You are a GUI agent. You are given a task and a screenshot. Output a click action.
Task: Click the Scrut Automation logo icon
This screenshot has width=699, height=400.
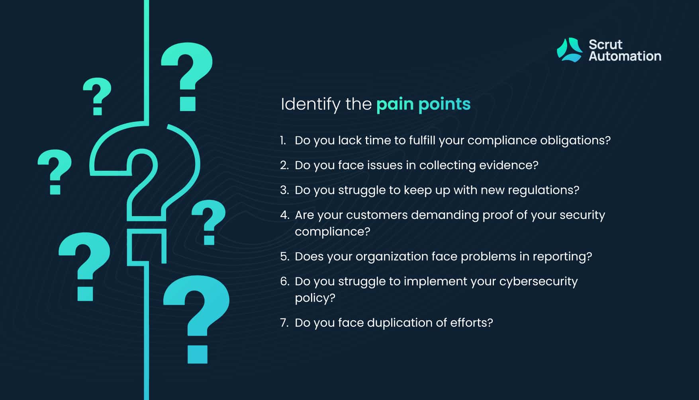pyautogui.click(x=570, y=50)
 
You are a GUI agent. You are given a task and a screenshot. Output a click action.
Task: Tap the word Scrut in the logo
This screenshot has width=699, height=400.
pyautogui.click(x=605, y=44)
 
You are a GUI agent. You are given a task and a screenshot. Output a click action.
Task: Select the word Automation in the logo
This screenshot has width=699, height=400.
pyautogui.click(x=625, y=56)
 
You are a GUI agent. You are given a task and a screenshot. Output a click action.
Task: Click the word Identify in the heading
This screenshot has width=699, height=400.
pyautogui.click(x=311, y=105)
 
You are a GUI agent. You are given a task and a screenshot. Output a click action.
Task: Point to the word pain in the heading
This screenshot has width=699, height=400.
pyautogui.click(x=395, y=105)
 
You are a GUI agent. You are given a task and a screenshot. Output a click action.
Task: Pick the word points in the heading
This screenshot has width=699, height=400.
pyautogui.click(x=444, y=105)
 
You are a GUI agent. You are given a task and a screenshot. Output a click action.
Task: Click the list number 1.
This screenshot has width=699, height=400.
pyautogui.click(x=283, y=140)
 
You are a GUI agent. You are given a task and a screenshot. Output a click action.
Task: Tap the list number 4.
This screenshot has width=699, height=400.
pyautogui.click(x=284, y=215)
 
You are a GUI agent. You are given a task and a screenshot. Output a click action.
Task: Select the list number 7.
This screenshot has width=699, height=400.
pyautogui.click(x=284, y=323)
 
